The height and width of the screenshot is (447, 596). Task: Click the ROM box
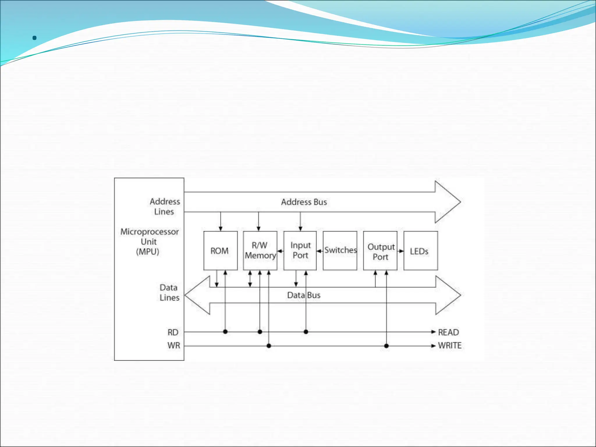pyautogui.click(x=220, y=251)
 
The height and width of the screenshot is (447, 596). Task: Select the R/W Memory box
pyautogui.click(x=260, y=251)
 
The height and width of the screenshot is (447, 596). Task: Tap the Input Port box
pyautogui.click(x=300, y=251)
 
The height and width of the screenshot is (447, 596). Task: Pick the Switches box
pyautogui.click(x=340, y=251)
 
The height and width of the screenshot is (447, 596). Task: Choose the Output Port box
pyautogui.click(x=380, y=251)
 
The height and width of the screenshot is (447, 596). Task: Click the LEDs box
pyautogui.click(x=421, y=251)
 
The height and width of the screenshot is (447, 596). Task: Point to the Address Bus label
pyautogui.click(x=304, y=202)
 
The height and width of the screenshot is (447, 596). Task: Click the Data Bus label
pyautogui.click(x=304, y=295)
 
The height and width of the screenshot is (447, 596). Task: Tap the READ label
pyautogui.click(x=448, y=332)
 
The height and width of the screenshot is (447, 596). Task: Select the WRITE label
pyautogui.click(x=450, y=345)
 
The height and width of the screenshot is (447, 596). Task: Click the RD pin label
pyautogui.click(x=173, y=332)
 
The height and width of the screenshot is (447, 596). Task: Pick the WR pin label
pyautogui.click(x=174, y=345)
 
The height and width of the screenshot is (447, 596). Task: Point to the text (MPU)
pyautogui.click(x=148, y=251)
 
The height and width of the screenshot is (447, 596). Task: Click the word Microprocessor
pyautogui.click(x=150, y=232)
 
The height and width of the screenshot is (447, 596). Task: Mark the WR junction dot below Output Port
pyautogui.click(x=386, y=346)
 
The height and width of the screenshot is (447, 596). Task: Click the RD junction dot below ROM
pyautogui.click(x=225, y=332)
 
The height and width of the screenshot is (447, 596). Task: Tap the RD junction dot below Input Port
pyautogui.click(x=306, y=332)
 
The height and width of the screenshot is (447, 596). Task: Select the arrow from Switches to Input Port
pyautogui.click(x=320, y=251)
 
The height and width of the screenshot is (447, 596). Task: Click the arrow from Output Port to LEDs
pyautogui.click(x=401, y=251)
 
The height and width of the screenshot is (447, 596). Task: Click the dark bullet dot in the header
pyautogui.click(x=35, y=38)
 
